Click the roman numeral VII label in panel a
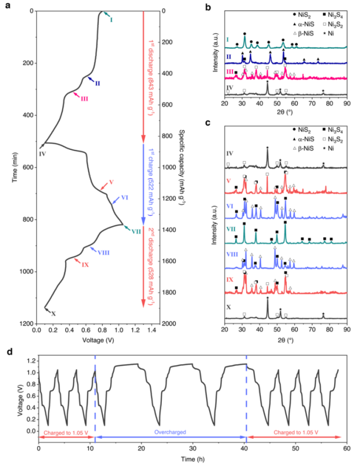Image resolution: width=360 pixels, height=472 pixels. click(135, 231)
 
